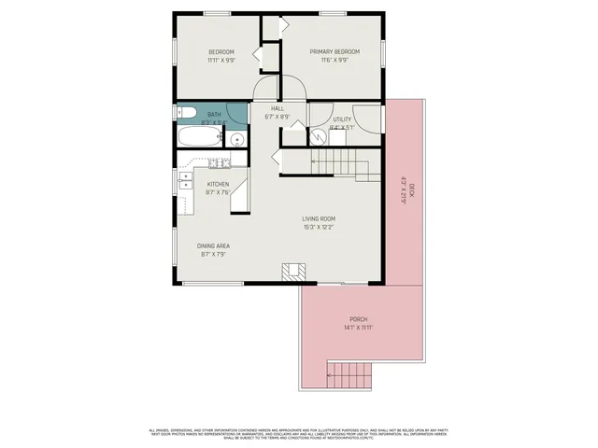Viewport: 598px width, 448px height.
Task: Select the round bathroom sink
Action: click(238, 140)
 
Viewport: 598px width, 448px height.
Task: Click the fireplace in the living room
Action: click(294, 273)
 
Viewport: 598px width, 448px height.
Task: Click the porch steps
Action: click(349, 376)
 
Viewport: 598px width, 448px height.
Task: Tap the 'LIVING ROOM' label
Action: click(319, 218)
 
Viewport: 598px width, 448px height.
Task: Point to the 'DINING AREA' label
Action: click(214, 245)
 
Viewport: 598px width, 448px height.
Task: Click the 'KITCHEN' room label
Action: click(218, 184)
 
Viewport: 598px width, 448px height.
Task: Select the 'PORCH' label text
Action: click(359, 317)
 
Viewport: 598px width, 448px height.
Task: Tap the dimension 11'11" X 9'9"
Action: click(221, 60)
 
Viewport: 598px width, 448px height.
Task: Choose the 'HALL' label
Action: click(278, 108)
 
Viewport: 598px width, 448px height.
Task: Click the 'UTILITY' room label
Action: click(342, 119)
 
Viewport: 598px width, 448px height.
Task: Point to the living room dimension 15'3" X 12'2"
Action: click(319, 227)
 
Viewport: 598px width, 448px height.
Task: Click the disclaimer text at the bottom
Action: click(299, 432)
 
